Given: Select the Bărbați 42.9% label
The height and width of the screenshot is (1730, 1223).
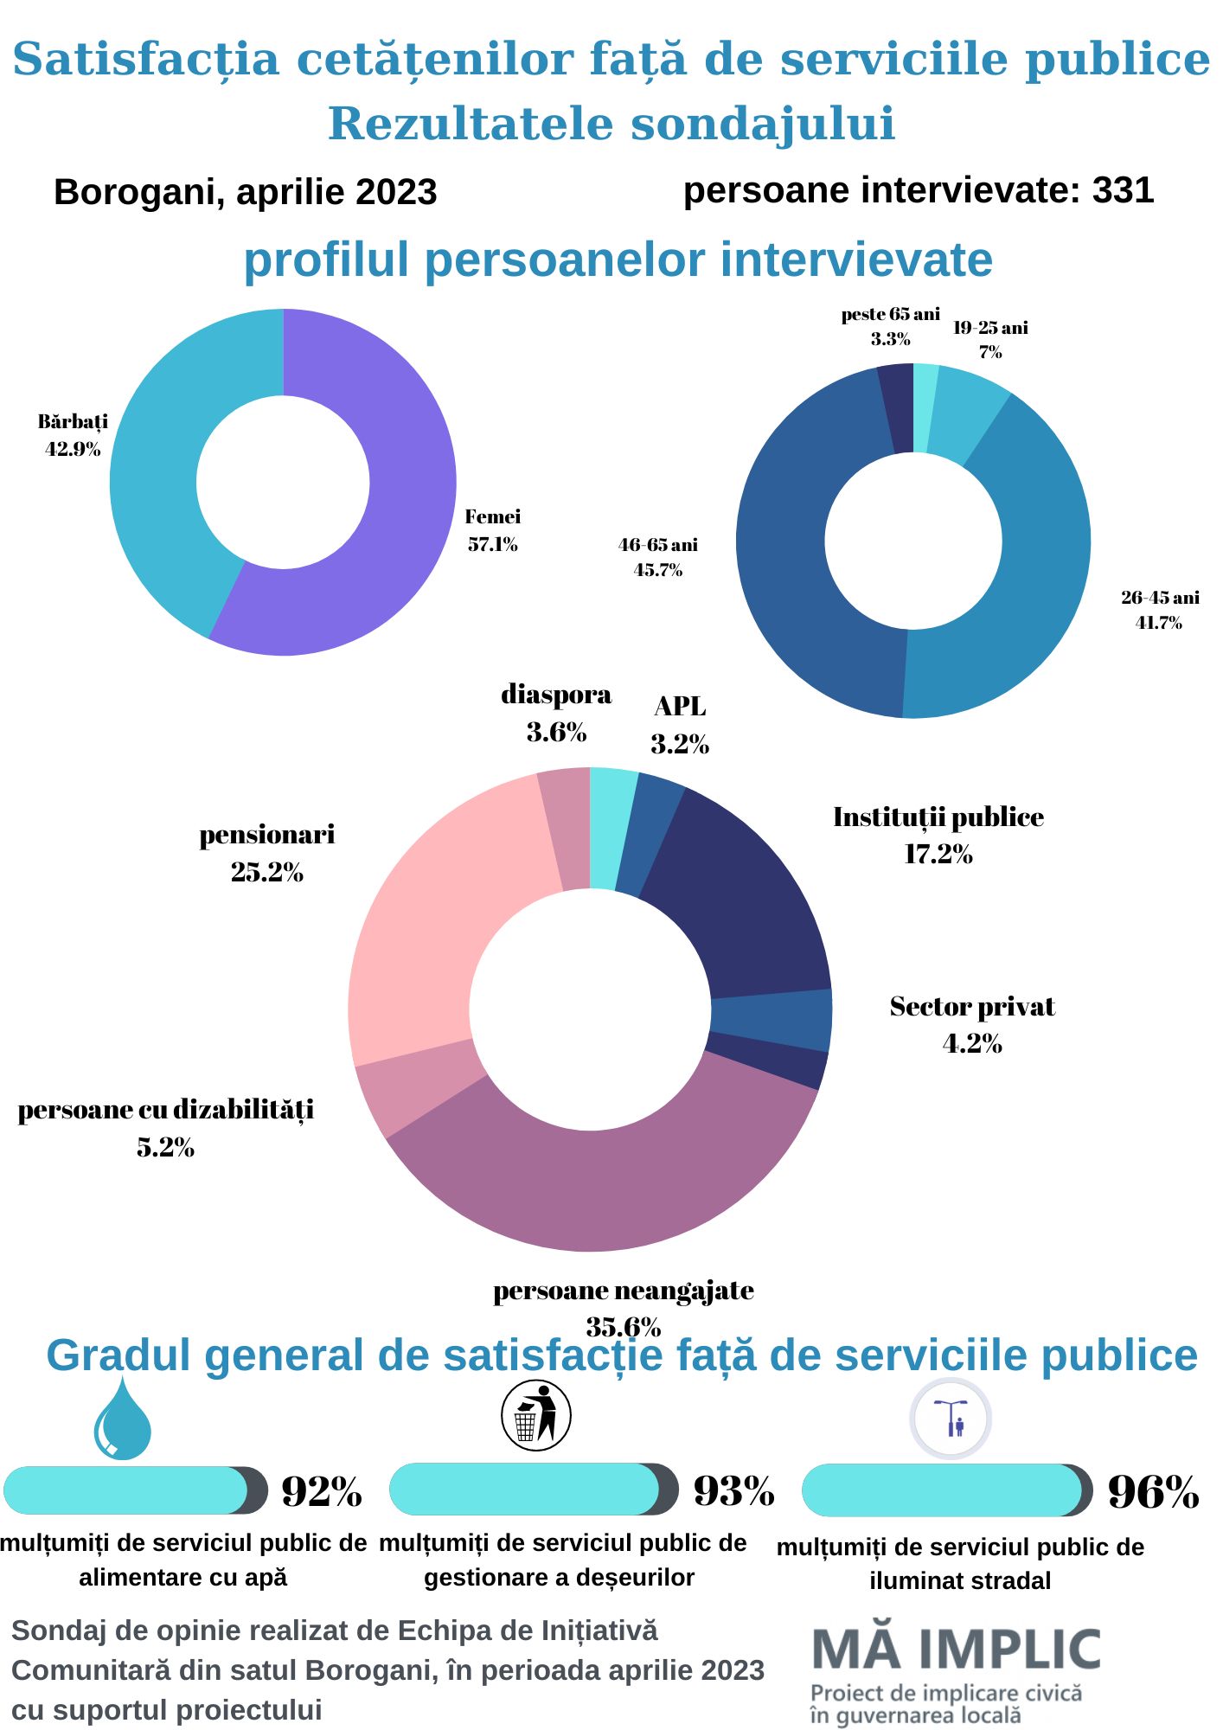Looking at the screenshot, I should coord(73,435).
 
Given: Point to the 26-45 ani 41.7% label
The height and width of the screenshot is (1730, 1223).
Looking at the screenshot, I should coord(1159,610).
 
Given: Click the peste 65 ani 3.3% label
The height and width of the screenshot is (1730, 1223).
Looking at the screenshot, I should coord(890,326).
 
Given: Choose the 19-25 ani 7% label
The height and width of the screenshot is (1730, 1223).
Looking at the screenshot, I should coord(990,339).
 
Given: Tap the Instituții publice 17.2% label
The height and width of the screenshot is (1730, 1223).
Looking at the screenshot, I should coord(938,835).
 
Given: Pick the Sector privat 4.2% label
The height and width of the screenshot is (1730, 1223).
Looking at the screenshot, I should coord(972,1024).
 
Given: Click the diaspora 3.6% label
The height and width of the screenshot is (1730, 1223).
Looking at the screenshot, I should coord(556,713).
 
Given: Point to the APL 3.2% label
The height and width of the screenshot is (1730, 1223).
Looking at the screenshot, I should coord(680,725).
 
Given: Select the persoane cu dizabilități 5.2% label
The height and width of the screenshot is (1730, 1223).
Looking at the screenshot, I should coord(165,1128).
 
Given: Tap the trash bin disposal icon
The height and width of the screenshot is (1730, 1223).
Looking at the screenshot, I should coord(536,1416).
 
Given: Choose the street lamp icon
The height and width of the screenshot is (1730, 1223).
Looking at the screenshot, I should coord(951,1419).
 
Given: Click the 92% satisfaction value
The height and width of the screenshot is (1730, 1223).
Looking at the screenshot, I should coord(321,1491).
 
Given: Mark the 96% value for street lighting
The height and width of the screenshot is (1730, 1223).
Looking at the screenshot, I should coord(1153,1492).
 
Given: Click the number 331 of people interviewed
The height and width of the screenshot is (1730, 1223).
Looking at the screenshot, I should coord(1123,190).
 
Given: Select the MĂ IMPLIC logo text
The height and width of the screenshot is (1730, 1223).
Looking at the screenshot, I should coord(956,1650).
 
